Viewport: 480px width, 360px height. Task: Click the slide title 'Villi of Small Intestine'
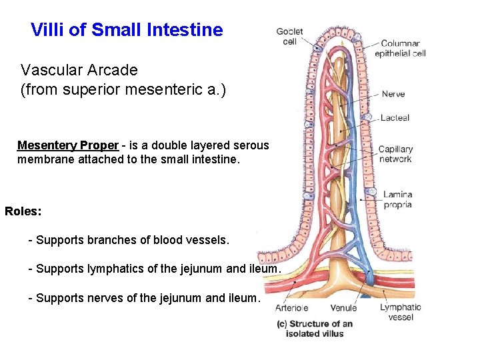pyautogui.click(x=127, y=30)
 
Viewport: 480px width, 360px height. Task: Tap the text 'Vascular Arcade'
pyautogui.click(x=79, y=70)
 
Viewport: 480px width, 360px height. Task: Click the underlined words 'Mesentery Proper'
pyautogui.click(x=68, y=145)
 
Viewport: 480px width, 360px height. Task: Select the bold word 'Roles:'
pyautogui.click(x=23, y=211)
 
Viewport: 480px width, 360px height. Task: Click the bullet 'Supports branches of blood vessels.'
pyautogui.click(x=132, y=240)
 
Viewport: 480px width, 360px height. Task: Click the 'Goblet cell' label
pyautogui.click(x=289, y=36)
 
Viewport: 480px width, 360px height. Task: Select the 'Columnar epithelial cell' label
pyautogui.click(x=400, y=48)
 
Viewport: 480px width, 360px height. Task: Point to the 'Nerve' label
pyautogui.click(x=393, y=94)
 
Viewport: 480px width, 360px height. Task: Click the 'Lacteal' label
pyautogui.click(x=395, y=118)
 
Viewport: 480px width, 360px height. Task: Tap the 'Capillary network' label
pyautogui.click(x=395, y=154)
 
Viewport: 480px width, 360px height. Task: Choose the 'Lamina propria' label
pyautogui.click(x=397, y=199)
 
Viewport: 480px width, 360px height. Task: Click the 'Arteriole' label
pyautogui.click(x=291, y=308)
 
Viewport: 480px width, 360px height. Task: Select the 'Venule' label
pyautogui.click(x=344, y=308)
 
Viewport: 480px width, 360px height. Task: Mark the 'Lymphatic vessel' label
pyautogui.click(x=401, y=312)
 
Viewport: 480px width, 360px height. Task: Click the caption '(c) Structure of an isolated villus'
pyautogui.click(x=315, y=328)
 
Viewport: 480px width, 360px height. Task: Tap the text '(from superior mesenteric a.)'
pyautogui.click(x=123, y=89)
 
